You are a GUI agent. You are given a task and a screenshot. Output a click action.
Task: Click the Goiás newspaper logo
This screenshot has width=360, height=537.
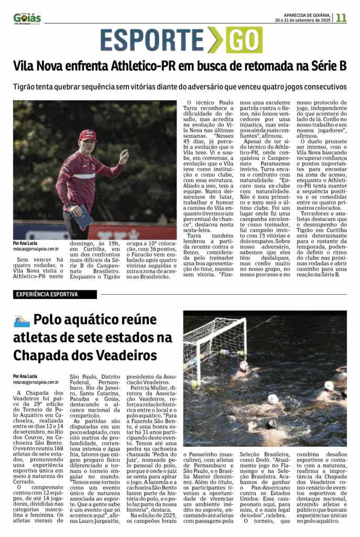[x=27, y=18]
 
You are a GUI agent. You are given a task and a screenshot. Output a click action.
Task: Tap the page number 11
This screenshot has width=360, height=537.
[x=341, y=17]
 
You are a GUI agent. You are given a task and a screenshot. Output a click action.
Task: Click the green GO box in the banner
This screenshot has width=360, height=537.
[x=244, y=40]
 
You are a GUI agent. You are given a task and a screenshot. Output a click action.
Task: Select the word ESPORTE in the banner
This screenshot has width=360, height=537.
[x=153, y=40]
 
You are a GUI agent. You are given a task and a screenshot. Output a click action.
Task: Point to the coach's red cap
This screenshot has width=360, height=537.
[x=88, y=135]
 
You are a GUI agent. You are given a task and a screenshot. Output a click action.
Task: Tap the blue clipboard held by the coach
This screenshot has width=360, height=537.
[x=83, y=217]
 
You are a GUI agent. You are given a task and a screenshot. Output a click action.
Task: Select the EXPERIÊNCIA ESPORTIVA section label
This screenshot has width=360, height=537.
[x=47, y=294]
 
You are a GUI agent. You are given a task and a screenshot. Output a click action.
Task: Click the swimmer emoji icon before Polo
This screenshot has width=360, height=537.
[x=22, y=320]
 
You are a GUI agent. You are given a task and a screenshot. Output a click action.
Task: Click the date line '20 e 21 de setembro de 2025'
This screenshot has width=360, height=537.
[x=303, y=20]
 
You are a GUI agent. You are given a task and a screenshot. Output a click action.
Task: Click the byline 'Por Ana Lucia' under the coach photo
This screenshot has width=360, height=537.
[x=25, y=243]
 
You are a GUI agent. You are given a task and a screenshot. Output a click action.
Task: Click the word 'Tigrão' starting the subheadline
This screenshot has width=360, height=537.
[x=26, y=87]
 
